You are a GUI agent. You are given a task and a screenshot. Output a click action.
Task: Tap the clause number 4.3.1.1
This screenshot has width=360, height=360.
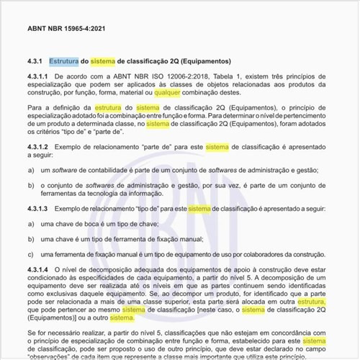37,76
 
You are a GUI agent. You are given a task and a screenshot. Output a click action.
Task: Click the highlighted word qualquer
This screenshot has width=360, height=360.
168,92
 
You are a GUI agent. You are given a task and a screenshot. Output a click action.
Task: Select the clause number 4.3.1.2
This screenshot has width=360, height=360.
37,146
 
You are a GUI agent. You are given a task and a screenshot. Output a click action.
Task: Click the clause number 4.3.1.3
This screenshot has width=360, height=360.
37,208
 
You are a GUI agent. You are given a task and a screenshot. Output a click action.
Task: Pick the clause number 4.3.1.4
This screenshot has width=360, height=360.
37,270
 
